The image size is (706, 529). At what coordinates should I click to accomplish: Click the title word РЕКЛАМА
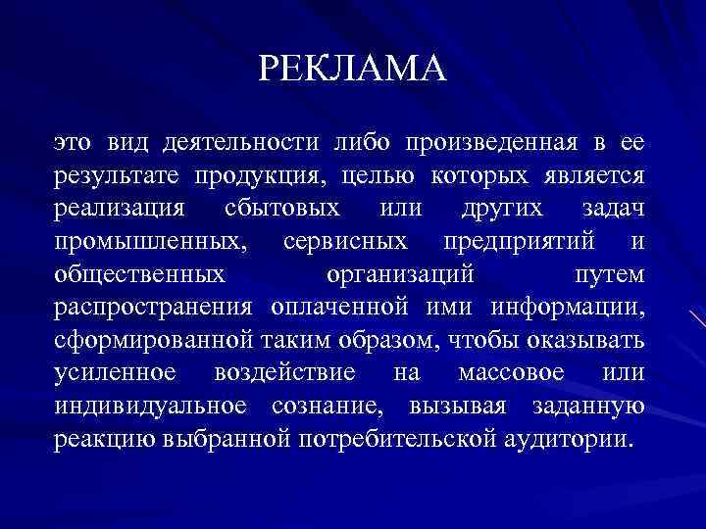(353, 69)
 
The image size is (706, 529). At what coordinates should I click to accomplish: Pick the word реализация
(119, 209)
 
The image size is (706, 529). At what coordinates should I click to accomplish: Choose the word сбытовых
(282, 209)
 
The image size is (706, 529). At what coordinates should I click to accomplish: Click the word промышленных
(152, 241)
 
